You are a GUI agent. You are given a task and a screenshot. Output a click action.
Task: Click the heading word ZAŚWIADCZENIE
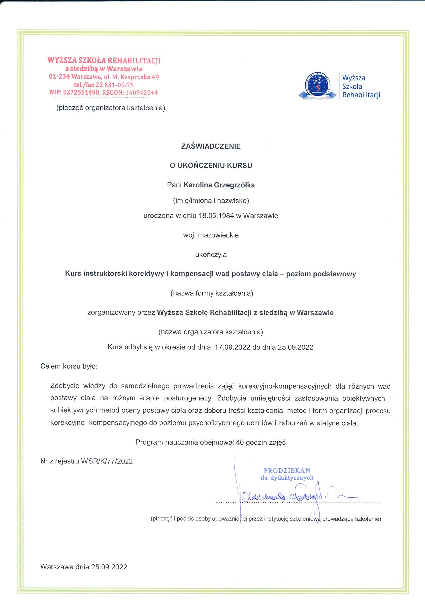coord(211,146)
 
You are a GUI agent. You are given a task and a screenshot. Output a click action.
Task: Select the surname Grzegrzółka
coord(234,185)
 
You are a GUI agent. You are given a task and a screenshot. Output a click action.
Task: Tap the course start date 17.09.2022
coord(232,347)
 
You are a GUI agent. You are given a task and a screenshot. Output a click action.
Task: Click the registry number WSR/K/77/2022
coord(107,461)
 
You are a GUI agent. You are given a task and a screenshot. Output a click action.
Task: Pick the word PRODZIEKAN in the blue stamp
coord(287,470)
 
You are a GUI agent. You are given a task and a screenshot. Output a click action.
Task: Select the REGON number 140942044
coord(141,93)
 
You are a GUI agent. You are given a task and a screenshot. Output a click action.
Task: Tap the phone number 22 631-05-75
coord(115,85)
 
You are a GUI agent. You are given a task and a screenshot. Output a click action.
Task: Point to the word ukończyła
coord(211,255)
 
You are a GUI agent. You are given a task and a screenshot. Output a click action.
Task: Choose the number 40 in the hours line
coord(240,442)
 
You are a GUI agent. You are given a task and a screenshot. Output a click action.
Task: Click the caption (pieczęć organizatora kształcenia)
coord(111,108)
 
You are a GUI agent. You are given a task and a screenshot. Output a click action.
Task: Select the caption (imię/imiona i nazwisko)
coord(211,201)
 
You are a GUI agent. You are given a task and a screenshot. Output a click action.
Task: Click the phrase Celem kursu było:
coord(69,366)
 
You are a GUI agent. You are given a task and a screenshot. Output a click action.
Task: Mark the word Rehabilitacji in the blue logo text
coord(361,95)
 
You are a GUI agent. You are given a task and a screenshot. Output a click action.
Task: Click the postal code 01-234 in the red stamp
coord(59,77)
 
